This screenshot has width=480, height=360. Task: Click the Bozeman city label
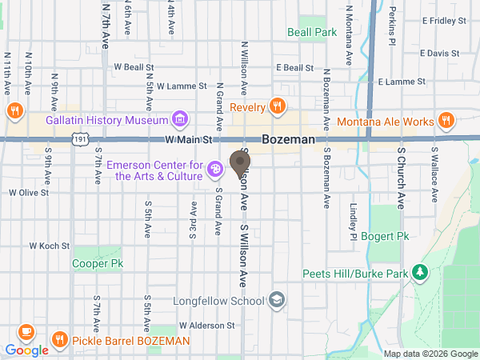tap(289, 139)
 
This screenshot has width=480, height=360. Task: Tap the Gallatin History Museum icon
tap(181, 120)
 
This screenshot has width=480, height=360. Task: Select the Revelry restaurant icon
tap(277, 106)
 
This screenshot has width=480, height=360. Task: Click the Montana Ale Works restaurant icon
tap(446, 122)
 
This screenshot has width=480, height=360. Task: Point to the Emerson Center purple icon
tap(214, 169)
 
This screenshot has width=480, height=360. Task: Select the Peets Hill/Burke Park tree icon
tap(419, 273)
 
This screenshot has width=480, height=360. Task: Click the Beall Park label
tap(312, 32)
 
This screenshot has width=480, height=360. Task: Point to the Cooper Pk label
tap(98, 262)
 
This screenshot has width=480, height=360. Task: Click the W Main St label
tap(187, 139)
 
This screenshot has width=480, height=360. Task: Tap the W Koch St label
tap(50, 246)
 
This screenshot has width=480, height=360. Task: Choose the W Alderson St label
tap(207, 326)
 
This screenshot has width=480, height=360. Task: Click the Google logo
tap(26, 350)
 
